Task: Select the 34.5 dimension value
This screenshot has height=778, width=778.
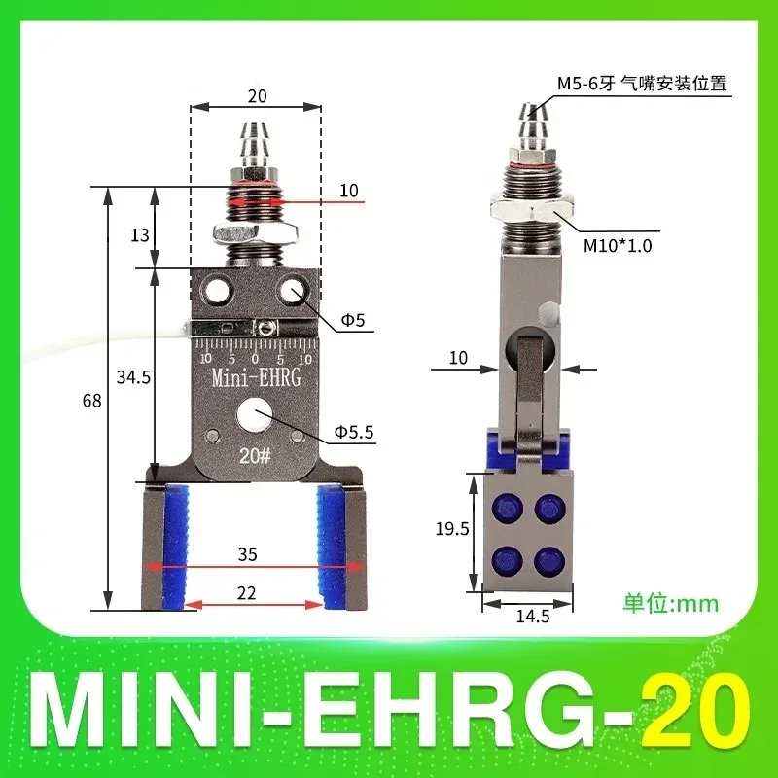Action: [x=133, y=377]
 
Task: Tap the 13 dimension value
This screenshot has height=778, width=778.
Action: [x=139, y=233]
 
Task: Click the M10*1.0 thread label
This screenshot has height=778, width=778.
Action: [x=617, y=246]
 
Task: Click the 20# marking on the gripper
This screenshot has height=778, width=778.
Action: [x=255, y=455]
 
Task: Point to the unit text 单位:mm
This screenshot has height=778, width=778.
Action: [x=671, y=603]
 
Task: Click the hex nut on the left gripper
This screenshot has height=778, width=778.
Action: [x=254, y=233]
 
